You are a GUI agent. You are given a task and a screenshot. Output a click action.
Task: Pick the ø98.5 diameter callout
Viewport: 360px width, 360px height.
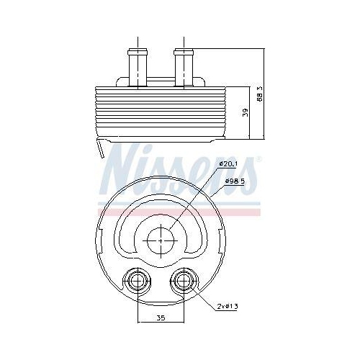(x=235, y=181)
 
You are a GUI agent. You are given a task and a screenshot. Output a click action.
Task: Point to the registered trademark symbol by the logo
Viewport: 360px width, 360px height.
(x=258, y=157)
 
